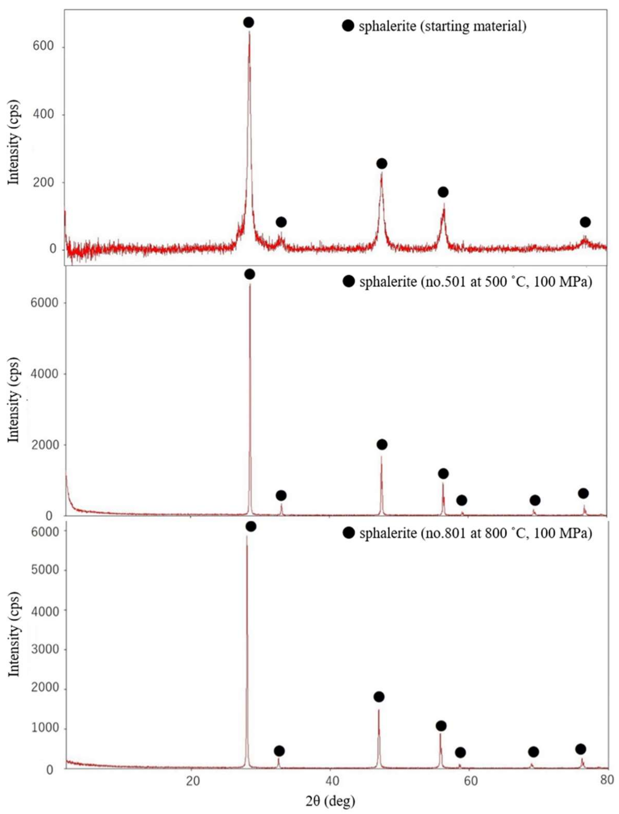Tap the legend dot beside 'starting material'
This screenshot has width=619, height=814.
(x=348, y=26)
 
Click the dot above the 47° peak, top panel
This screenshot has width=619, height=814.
(x=382, y=163)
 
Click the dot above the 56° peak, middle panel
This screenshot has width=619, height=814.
(x=443, y=473)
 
